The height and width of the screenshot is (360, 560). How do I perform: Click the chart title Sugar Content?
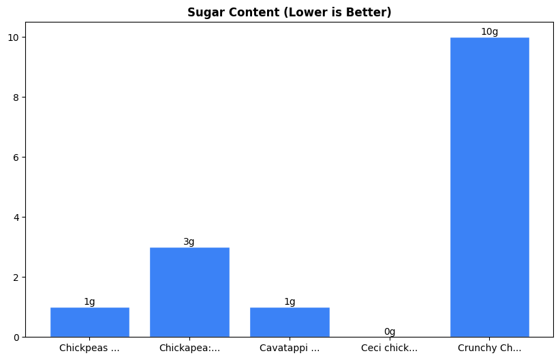[289, 12]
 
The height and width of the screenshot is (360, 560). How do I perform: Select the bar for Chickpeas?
[89, 322]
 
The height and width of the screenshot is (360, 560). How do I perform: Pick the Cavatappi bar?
[290, 322]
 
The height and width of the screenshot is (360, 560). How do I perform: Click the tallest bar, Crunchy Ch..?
[489, 187]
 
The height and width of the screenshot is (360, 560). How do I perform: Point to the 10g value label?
[489, 31]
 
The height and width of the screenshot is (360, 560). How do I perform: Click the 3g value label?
[189, 241]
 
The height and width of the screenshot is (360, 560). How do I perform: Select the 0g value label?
[390, 331]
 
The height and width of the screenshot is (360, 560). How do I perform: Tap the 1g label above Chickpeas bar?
[89, 301]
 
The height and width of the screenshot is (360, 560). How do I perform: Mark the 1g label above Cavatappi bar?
[290, 301]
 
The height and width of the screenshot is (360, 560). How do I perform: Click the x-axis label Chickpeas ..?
[89, 348]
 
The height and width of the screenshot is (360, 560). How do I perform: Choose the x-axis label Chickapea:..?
[189, 348]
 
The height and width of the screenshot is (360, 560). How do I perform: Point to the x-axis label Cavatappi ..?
[290, 348]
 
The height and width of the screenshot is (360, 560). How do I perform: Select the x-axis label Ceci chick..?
[390, 348]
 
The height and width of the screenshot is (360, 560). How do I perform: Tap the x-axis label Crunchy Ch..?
[489, 348]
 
